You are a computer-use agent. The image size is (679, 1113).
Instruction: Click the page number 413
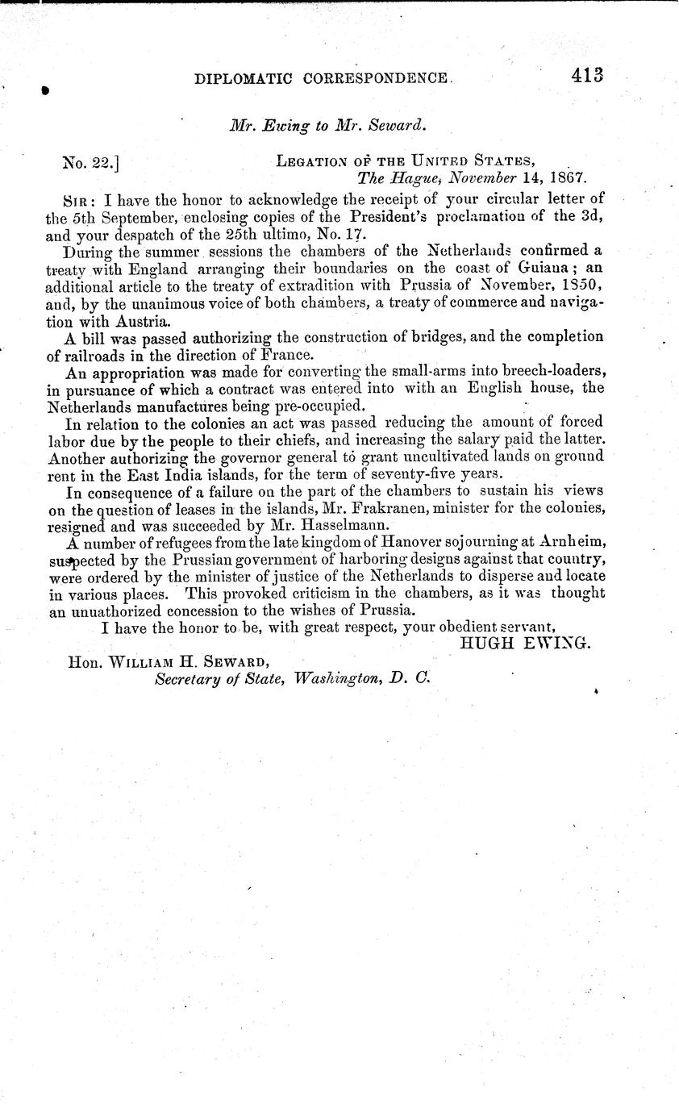[x=588, y=76]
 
